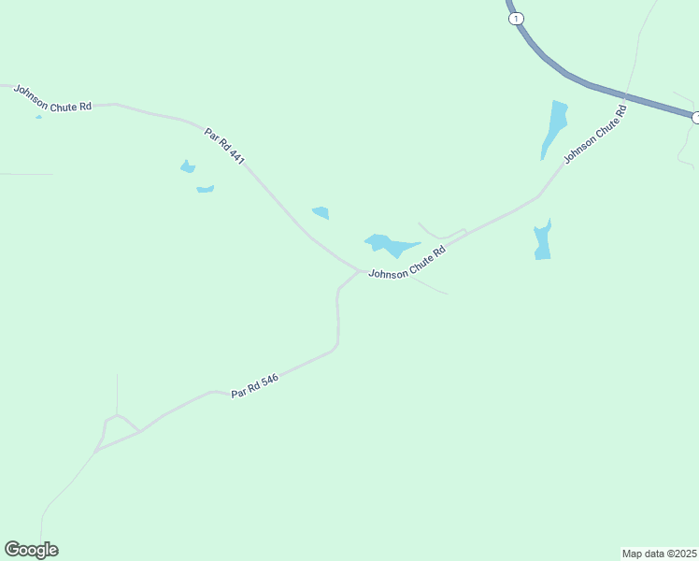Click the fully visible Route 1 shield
tap(517, 19)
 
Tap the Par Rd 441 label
tap(224, 146)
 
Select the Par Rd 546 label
tap(255, 386)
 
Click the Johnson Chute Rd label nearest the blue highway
tap(594, 137)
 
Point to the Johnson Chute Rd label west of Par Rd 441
tap(52, 98)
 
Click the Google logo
tap(32, 550)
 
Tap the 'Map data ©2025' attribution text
tap(659, 554)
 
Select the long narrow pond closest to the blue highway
tap(555, 126)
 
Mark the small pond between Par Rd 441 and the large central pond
tap(321, 212)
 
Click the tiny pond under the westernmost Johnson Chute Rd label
tap(38, 116)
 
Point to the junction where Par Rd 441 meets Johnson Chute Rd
tap(359, 271)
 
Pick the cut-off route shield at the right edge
tap(695, 118)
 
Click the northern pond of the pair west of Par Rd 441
tap(188, 167)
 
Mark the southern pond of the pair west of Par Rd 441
tap(206, 189)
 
